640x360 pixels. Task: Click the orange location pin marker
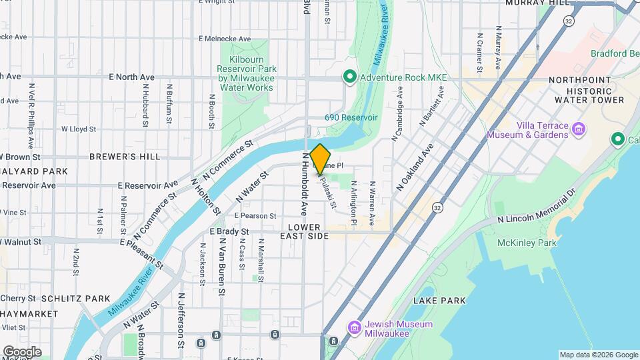click(x=320, y=159)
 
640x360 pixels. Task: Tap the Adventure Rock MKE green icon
click(x=348, y=77)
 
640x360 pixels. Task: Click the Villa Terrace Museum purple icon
click(x=578, y=129)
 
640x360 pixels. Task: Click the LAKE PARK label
click(x=439, y=301)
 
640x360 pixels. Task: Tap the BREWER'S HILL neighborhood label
click(x=125, y=157)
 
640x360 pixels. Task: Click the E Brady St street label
click(x=229, y=232)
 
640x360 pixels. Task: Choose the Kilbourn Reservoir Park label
click(x=246, y=73)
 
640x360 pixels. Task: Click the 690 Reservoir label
click(x=351, y=117)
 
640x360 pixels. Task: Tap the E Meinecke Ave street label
click(x=224, y=39)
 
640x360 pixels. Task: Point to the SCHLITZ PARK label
click(x=75, y=298)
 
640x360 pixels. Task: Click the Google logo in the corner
click(x=21, y=351)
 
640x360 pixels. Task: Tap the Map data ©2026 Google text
click(x=598, y=355)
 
